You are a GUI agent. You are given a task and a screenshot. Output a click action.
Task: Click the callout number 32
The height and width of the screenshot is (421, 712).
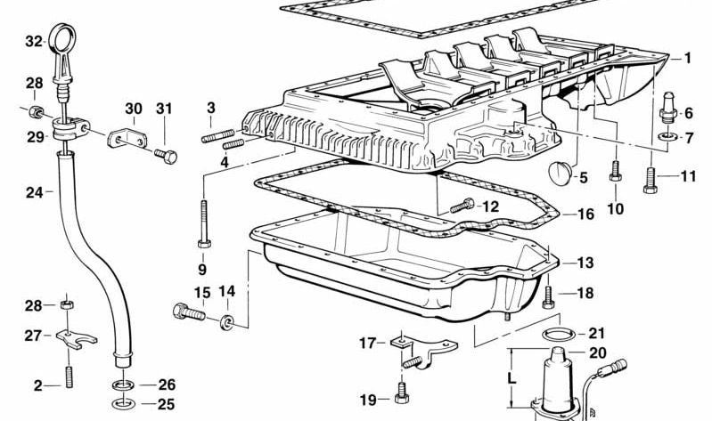(34, 41)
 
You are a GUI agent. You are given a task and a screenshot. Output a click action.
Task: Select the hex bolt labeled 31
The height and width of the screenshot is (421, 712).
(166, 156)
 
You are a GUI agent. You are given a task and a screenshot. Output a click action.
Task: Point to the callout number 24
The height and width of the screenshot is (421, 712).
(34, 190)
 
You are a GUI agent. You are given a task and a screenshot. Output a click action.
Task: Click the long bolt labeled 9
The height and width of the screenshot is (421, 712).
(203, 223)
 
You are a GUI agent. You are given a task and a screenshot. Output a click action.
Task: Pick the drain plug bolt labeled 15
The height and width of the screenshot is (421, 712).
(188, 312)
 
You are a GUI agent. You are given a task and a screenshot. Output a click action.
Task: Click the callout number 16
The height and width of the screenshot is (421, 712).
(585, 215)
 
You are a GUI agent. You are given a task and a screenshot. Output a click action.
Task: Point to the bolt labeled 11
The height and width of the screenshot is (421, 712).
(650, 179)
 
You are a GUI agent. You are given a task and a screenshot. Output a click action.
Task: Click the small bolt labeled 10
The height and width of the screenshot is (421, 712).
(614, 172)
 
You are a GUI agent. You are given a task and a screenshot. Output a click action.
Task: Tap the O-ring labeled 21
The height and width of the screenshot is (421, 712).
(556, 335)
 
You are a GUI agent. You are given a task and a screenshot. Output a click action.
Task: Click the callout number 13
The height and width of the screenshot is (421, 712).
(585, 263)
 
